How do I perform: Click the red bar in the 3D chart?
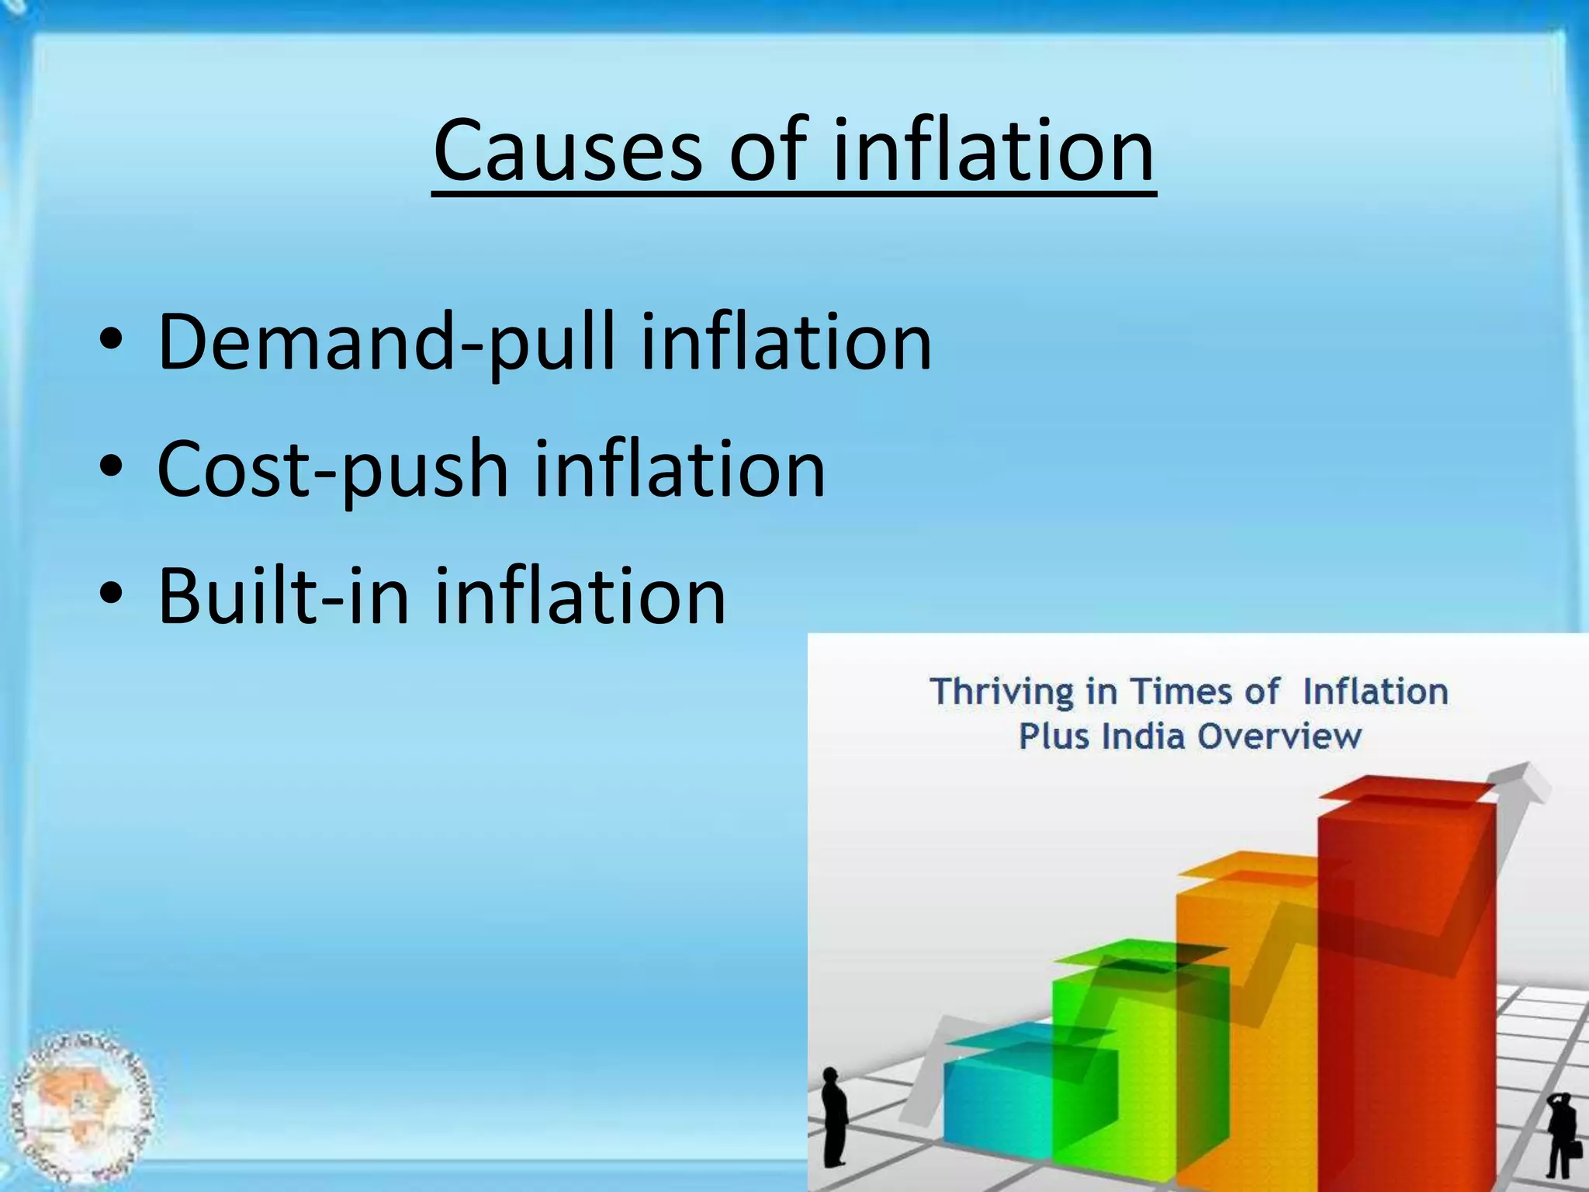click(x=1404, y=1009)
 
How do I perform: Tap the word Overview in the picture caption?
click(x=1279, y=736)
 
